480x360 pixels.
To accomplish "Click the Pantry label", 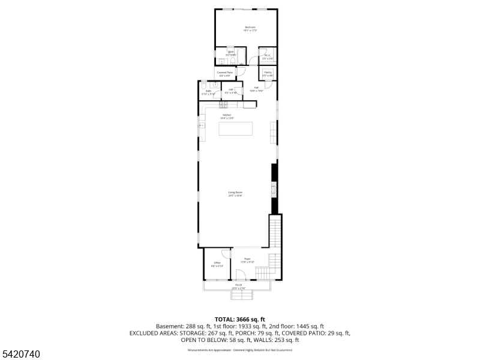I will pyautogui.click(x=268, y=74).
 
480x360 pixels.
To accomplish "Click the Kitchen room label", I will pyautogui.click(x=227, y=116).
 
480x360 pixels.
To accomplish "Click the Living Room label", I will pyautogui.click(x=235, y=194).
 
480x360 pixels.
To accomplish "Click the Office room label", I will pyautogui.click(x=217, y=264).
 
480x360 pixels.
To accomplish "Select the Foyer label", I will pyautogui.click(x=247, y=260).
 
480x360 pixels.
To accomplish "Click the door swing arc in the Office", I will pyautogui.click(x=226, y=253).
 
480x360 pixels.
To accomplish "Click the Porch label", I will pyautogui.click(x=238, y=286).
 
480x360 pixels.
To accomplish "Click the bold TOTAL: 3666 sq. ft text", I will pyautogui.click(x=239, y=319).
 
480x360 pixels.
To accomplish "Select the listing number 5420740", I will pyautogui.click(x=21, y=354).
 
